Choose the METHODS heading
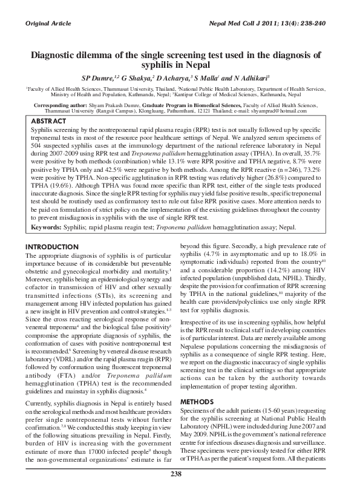click(198, 384)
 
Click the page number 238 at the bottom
click(176, 474)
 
